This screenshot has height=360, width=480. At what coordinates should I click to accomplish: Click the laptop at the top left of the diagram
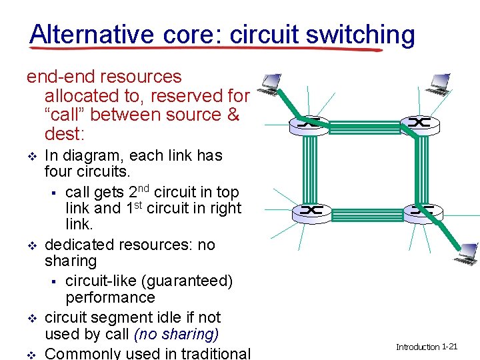(271, 83)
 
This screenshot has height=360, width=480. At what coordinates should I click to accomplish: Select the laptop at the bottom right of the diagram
(464, 252)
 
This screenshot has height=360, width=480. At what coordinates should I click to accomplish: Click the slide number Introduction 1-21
(426, 347)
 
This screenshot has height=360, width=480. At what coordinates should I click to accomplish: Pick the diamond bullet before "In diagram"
(29, 157)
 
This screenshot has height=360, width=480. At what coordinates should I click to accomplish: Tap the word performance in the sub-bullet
(109, 297)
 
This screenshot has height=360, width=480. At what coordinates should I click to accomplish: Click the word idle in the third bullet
(166, 317)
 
